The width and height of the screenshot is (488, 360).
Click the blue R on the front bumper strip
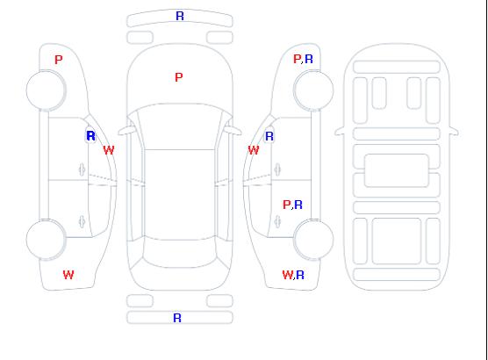tap(180, 16)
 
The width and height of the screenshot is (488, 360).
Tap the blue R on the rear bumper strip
tap(177, 318)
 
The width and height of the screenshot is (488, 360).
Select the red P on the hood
tap(179, 77)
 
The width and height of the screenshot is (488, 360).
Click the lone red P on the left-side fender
tap(59, 60)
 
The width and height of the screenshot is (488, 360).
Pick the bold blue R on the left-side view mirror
tap(90, 136)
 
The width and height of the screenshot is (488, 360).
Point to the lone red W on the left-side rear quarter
tap(68, 275)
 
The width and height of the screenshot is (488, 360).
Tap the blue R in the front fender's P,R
tap(309, 59)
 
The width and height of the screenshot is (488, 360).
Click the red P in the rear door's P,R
tap(287, 205)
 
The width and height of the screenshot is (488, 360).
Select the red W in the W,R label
tap(288, 275)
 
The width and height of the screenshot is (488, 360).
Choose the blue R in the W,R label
tap(300, 275)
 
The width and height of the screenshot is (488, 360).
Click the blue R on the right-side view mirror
tap(269, 136)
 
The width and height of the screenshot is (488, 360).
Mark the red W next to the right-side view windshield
tap(254, 150)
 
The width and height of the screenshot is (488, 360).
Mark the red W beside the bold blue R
tap(109, 150)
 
